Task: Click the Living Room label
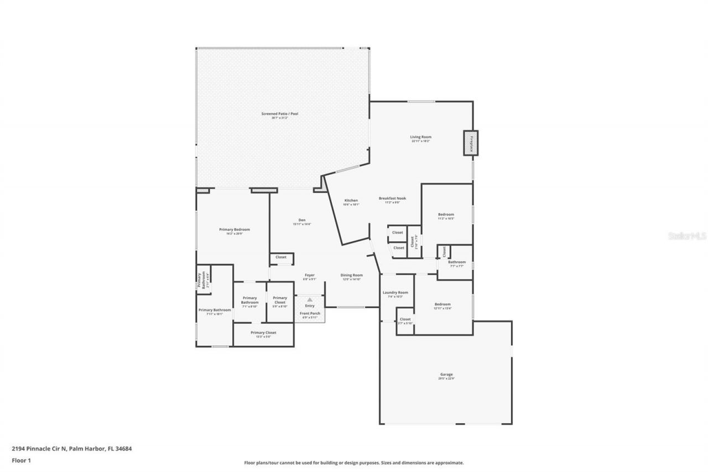(420, 137)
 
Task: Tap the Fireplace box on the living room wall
(471, 143)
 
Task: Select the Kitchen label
(351, 200)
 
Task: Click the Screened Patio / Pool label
(280, 114)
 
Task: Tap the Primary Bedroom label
(235, 230)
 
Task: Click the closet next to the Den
(281, 257)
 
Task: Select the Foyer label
(309, 275)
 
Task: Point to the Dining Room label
(351, 275)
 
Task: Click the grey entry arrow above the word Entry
(310, 299)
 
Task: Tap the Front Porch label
(310, 313)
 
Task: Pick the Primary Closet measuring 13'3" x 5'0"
(263, 333)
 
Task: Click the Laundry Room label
(395, 293)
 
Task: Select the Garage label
(446, 375)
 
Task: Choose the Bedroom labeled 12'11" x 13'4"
(442, 304)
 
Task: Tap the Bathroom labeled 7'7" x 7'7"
(457, 262)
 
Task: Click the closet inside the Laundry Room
(405, 319)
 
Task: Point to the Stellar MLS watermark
(687, 236)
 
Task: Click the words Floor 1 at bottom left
(20, 460)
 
